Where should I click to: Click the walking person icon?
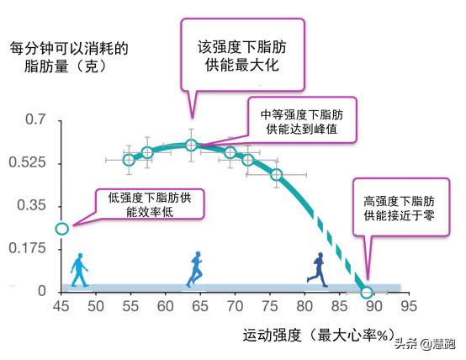pos(80,269)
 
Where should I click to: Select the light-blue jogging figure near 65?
pos(195,269)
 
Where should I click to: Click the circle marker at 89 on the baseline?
pos(366,292)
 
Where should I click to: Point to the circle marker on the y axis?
pos(61,228)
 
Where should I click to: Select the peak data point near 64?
pos(191,145)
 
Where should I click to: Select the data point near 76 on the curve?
pos(277,175)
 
